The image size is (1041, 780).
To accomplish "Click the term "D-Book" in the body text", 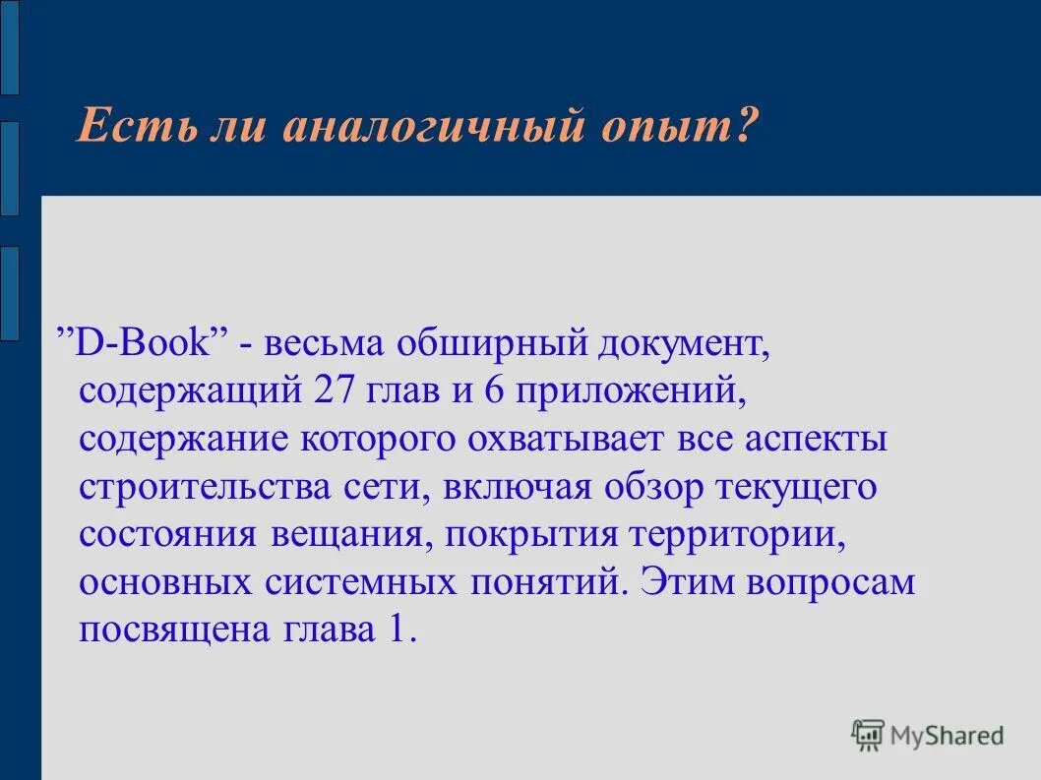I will [152, 344].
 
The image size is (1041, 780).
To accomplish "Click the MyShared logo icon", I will [869, 734].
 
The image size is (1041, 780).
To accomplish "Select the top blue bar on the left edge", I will [9, 47].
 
